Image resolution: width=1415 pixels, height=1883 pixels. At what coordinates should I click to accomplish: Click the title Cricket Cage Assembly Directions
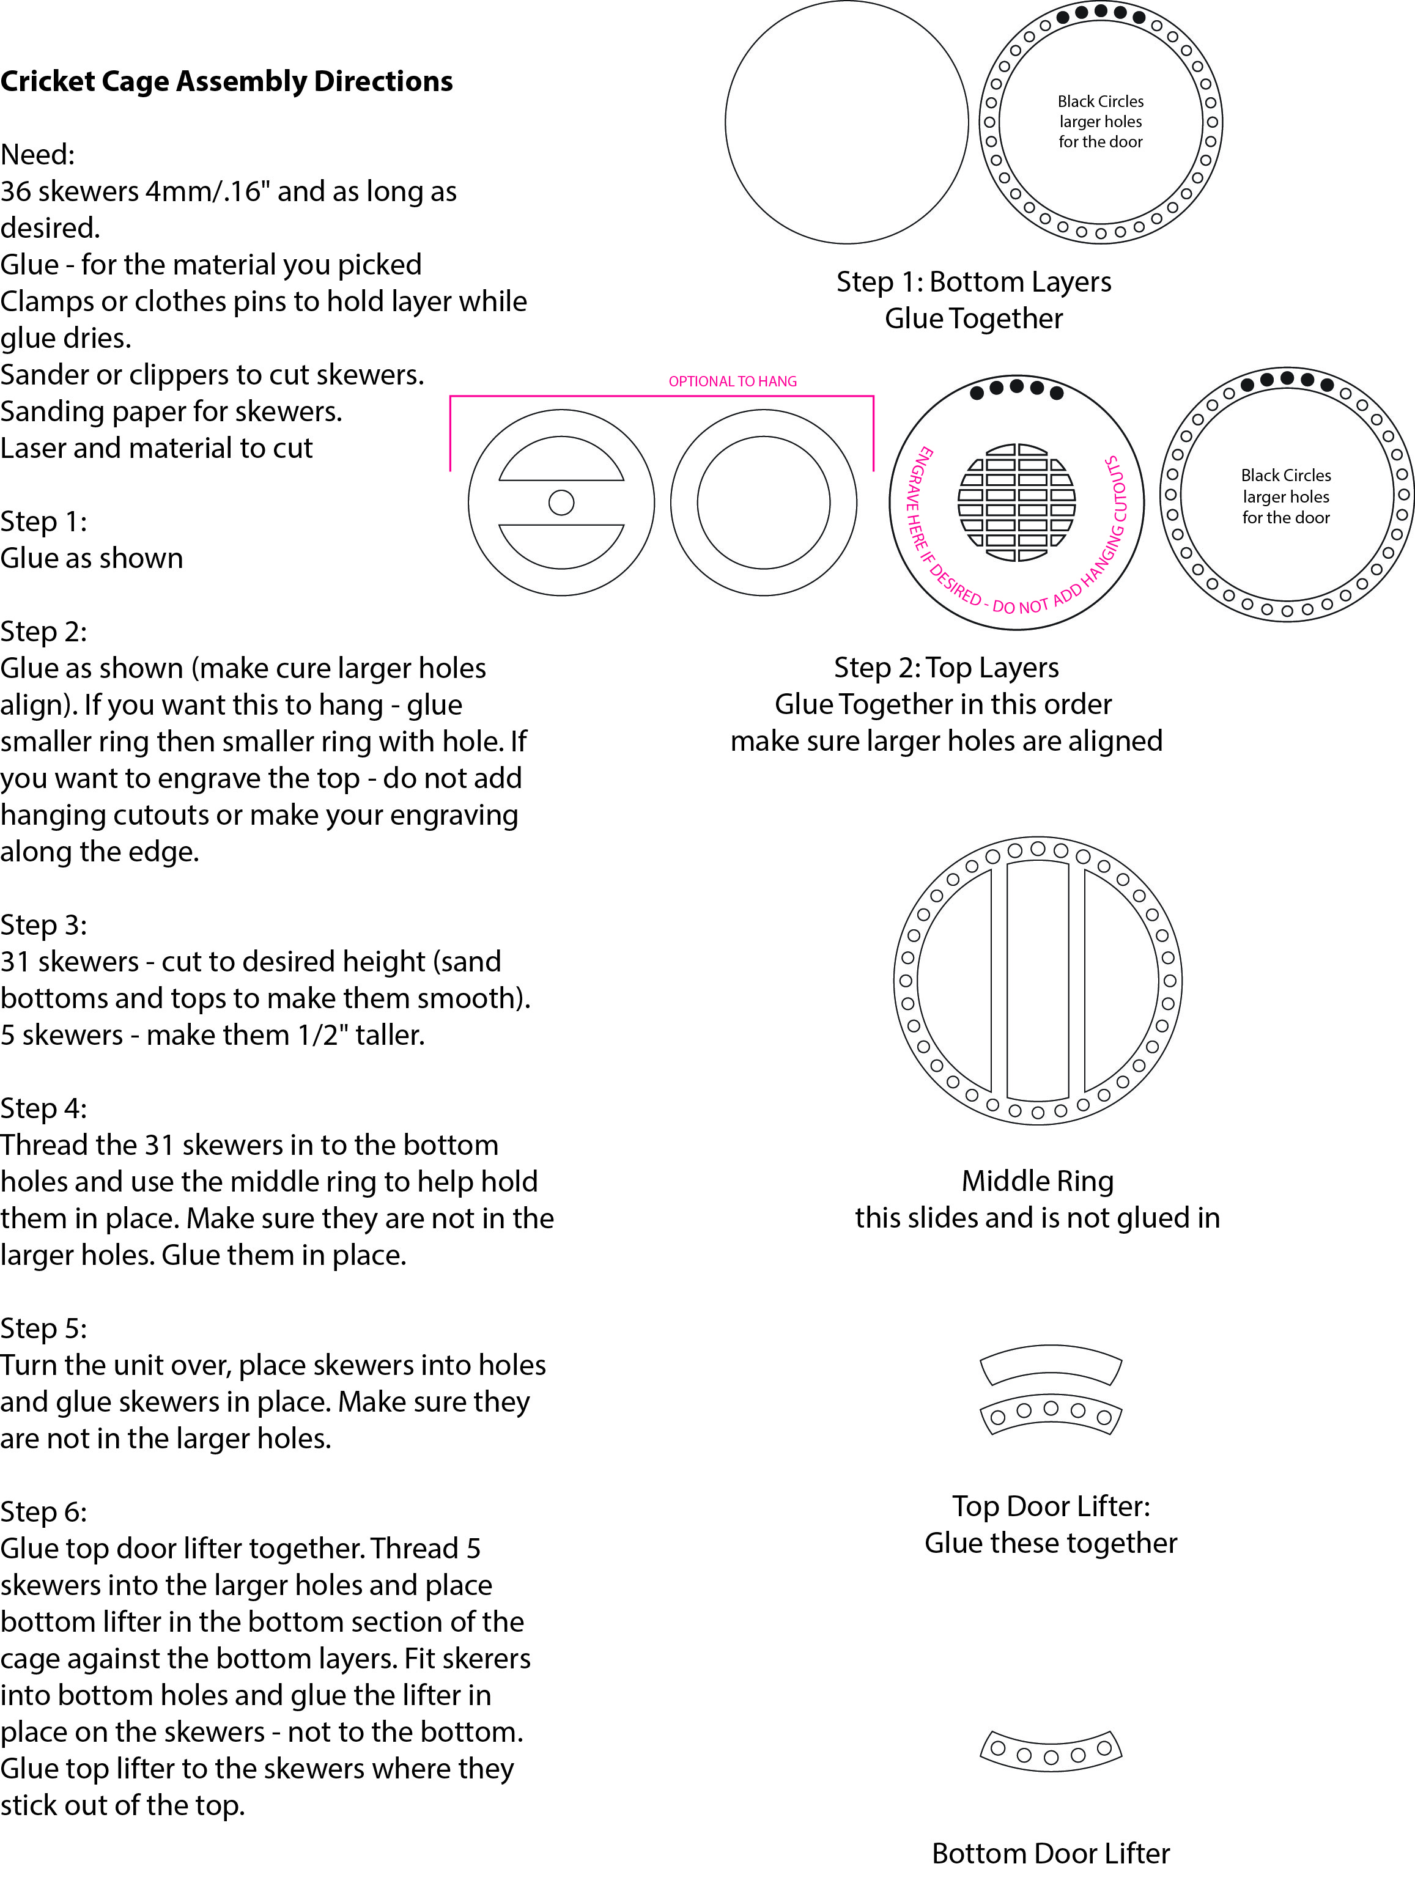[226, 82]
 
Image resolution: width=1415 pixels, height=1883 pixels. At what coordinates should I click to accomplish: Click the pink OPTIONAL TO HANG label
[732, 381]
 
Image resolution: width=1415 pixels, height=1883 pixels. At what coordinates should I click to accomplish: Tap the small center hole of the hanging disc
[561, 503]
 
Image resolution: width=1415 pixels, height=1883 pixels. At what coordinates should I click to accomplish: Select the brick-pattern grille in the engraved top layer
[1016, 503]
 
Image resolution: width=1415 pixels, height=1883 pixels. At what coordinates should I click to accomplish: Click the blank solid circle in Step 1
[847, 123]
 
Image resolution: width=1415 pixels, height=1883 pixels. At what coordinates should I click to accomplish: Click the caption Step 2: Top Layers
[946, 668]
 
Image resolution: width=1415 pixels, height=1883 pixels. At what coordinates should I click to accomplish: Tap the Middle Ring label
[1037, 1181]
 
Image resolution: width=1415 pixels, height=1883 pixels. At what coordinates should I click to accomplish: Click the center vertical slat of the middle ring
[1038, 980]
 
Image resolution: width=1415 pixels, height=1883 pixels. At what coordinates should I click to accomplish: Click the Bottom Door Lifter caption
[1051, 1853]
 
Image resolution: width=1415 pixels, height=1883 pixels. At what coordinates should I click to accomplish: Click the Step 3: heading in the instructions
[43, 924]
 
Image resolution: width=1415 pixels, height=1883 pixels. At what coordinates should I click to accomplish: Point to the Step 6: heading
[43, 1511]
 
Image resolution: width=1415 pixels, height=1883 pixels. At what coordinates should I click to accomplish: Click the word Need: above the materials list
[37, 155]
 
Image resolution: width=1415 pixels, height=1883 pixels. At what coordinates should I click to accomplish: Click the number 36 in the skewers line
[17, 191]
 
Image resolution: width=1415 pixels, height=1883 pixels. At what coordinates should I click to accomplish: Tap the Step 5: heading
[43, 1328]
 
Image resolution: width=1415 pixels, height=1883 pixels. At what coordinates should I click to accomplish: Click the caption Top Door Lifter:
[1051, 1506]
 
